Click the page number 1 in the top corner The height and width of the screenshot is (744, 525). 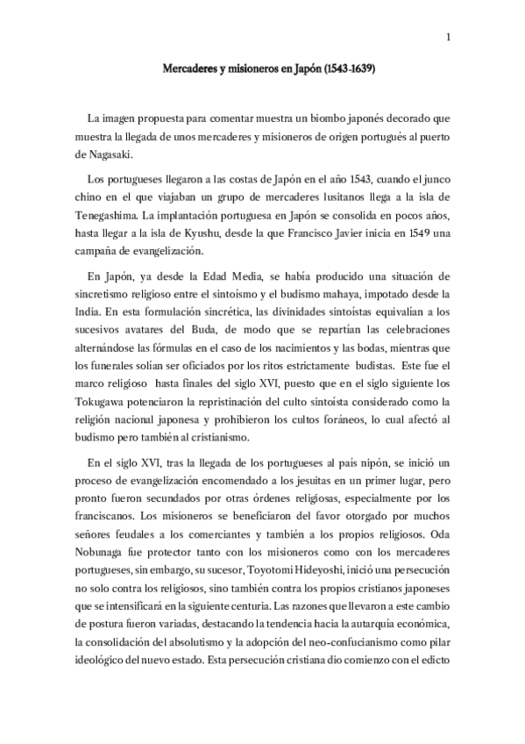click(448, 36)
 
